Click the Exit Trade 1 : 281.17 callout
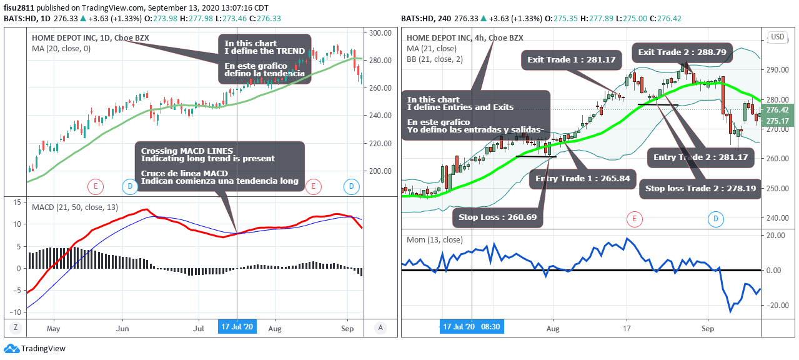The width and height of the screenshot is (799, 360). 572,60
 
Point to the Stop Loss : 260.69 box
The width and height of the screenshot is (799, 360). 498,217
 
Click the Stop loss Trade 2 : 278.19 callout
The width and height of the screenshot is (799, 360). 700,188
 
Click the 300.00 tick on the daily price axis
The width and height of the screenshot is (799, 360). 380,32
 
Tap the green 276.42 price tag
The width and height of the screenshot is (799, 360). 780,110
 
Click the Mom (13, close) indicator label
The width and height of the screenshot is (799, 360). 435,239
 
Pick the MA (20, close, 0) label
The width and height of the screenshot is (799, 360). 61,48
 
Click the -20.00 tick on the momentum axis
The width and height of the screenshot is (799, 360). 775,305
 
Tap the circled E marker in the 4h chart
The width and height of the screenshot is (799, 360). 634,219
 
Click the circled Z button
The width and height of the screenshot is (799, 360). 16,327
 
